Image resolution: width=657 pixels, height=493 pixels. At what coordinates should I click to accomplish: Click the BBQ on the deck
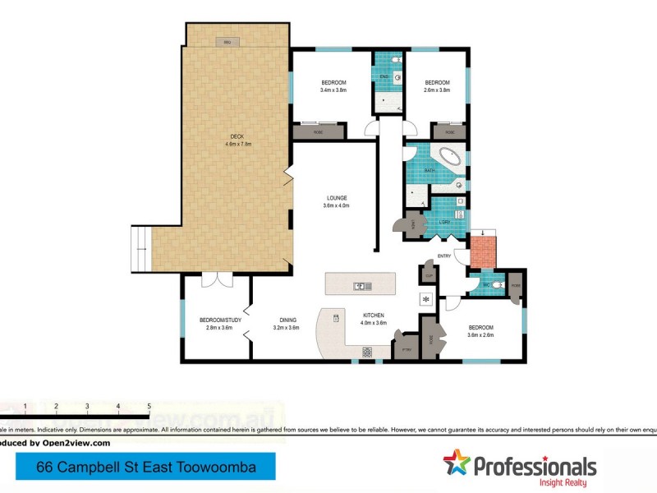[226, 41]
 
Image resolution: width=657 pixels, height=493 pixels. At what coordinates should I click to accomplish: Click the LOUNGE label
[336, 198]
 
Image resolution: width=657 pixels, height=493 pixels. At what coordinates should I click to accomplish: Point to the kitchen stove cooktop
[366, 352]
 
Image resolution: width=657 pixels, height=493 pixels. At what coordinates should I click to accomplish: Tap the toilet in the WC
[498, 285]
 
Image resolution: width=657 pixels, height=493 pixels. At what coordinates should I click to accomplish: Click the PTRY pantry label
[405, 349]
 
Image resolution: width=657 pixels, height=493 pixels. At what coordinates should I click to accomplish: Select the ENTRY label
[444, 256]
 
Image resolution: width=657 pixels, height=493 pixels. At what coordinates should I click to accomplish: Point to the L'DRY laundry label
[443, 222]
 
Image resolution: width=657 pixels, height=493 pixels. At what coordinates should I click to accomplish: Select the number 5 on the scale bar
[149, 406]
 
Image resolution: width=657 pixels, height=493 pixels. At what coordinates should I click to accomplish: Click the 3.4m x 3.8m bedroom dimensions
[333, 90]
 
